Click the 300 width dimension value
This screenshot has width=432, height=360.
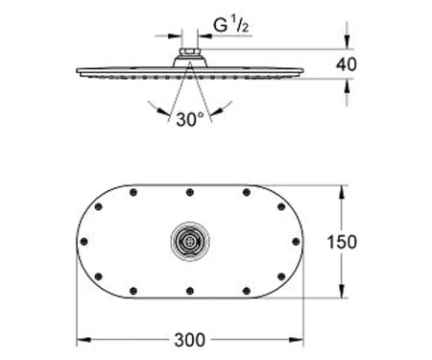point(190,340)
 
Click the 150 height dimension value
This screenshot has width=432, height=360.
point(342,242)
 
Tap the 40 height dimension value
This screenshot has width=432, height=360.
point(346,64)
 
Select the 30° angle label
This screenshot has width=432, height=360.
point(189,120)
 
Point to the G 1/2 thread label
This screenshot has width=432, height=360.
point(230,26)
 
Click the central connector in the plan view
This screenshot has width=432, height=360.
point(190,241)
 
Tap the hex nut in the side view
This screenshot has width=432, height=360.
point(190,52)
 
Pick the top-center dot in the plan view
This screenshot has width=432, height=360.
point(190,192)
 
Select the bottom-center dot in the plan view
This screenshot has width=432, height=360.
point(190,291)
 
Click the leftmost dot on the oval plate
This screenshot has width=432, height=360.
point(84,242)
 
